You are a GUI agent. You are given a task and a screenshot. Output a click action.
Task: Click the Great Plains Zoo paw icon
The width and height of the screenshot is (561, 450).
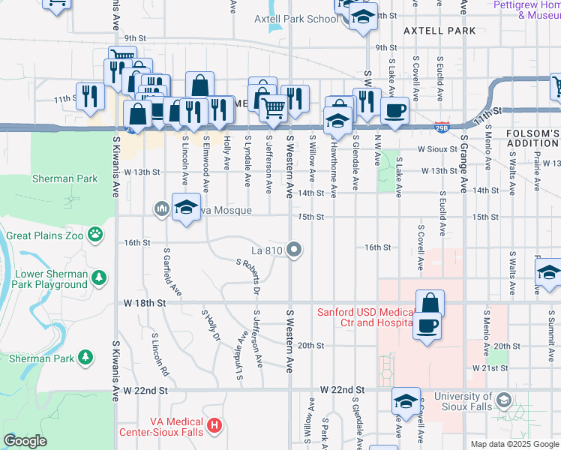(x=95, y=235)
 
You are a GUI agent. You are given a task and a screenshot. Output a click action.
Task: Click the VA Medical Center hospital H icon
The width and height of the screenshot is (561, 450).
(x=214, y=426)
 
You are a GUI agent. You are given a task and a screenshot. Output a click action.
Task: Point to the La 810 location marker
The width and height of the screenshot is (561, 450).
(x=296, y=250)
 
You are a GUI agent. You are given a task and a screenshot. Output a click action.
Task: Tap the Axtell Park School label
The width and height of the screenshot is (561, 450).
(x=295, y=19)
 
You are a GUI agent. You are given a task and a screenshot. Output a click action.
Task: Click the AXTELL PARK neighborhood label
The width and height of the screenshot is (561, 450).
(x=439, y=31)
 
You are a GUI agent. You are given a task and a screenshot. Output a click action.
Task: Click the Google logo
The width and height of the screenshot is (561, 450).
(x=25, y=441)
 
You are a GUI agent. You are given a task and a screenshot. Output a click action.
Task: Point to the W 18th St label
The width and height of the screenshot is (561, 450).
(x=144, y=302)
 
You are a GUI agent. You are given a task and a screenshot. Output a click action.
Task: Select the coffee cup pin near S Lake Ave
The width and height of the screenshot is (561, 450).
(x=394, y=109)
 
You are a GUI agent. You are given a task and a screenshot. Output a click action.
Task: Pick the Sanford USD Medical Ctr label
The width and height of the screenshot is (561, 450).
(x=365, y=317)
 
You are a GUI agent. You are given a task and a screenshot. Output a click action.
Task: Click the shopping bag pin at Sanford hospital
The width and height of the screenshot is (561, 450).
(x=430, y=303)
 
